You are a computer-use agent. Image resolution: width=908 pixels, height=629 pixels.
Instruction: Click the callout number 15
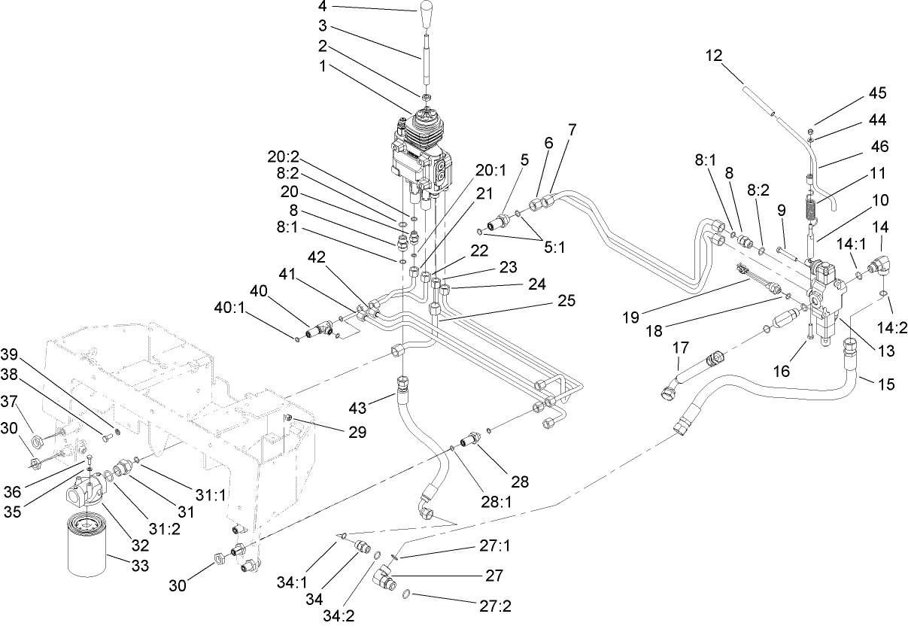tap(887, 384)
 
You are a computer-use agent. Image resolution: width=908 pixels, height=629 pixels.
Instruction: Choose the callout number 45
tap(877, 93)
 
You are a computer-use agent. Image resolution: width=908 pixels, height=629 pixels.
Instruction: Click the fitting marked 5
tap(497, 223)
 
